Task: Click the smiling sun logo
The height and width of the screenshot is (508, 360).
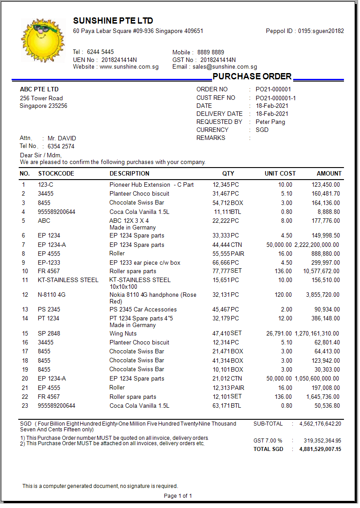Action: coord(42,40)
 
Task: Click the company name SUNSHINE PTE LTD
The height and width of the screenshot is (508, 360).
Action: coord(113,21)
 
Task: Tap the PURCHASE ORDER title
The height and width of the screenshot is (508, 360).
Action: coord(252,76)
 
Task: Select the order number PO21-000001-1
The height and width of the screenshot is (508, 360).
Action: coord(275,98)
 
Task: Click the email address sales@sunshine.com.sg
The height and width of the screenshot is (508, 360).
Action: coord(225,67)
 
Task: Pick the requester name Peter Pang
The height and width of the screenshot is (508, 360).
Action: coord(270,122)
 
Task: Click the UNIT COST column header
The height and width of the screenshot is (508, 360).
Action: coord(280,173)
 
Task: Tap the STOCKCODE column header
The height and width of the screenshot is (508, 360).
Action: coord(56,173)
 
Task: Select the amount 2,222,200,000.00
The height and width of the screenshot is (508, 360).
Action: coord(317,245)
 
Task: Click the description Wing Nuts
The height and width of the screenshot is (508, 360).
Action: coord(123,334)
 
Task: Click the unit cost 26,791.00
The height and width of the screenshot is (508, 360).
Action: coord(279,334)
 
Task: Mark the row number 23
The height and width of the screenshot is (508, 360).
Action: coord(25,406)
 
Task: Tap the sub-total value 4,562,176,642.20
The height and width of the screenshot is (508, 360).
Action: coord(320,424)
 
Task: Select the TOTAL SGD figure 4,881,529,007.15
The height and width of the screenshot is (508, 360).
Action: coord(320,449)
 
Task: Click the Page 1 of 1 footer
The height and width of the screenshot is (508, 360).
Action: coord(178,496)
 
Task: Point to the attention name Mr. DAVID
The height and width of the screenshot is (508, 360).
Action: coord(62,139)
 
